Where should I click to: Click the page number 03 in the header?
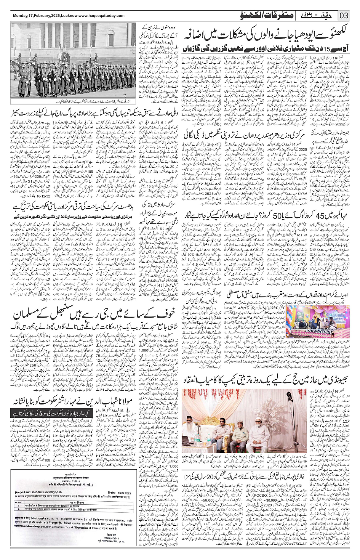[x=344, y=16]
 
